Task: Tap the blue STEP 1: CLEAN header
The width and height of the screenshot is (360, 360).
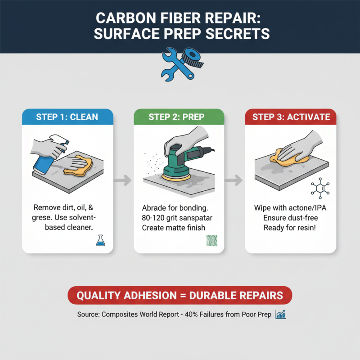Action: click(67, 117)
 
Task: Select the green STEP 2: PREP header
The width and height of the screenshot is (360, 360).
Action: click(179, 117)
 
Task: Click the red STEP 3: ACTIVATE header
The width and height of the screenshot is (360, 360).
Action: click(291, 117)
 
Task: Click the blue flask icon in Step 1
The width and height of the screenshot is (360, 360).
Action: click(100, 242)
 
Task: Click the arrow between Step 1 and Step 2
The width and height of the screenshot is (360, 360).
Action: click(123, 180)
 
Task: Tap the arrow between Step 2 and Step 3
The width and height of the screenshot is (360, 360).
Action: click(234, 180)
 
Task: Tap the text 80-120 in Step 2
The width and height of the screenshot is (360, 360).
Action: click(156, 218)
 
